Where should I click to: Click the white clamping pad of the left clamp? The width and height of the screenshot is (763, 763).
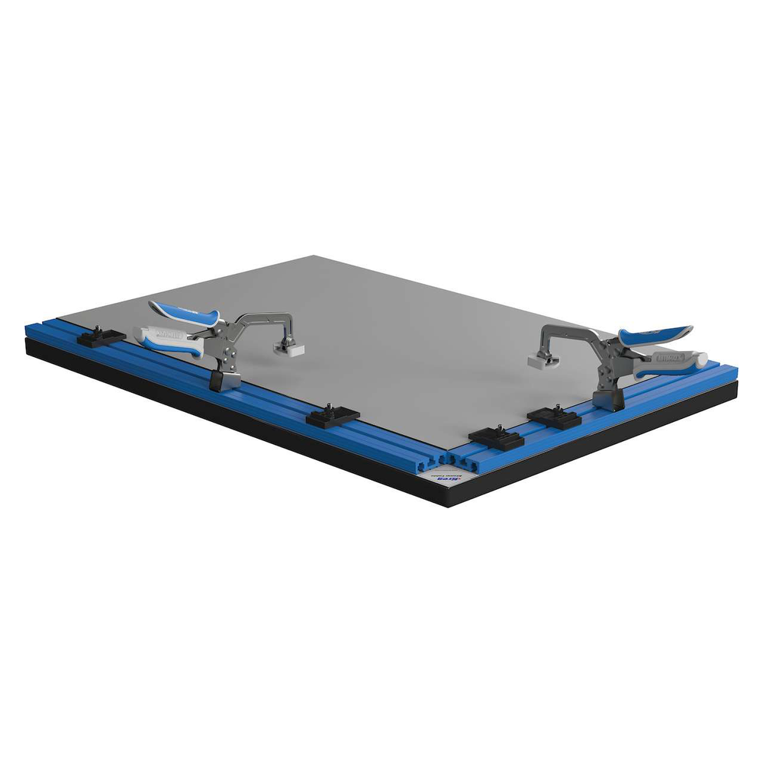click(290, 347)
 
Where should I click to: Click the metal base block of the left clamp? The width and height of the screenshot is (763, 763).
click(225, 377)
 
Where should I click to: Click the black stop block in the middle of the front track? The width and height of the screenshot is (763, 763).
click(333, 416)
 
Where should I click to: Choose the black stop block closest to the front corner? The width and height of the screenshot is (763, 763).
click(495, 438)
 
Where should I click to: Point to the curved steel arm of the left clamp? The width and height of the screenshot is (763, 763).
click(267, 319)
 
